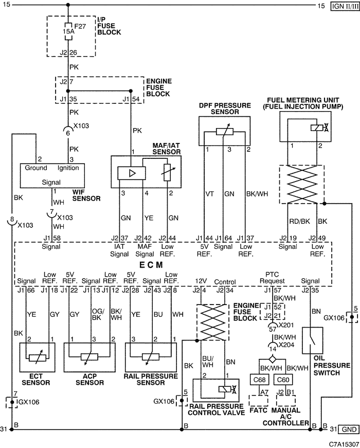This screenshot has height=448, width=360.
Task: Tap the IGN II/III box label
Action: click(345, 6)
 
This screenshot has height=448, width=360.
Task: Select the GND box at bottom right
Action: click(349, 429)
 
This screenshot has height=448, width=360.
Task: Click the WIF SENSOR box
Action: click(52, 175)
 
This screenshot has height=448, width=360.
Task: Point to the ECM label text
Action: click(151, 265)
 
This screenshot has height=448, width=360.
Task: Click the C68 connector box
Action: click(259, 380)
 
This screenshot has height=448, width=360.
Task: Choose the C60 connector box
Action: click(283, 380)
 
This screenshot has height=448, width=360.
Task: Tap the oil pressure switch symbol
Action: click(312, 341)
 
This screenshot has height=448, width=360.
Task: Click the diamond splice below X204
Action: click(273, 359)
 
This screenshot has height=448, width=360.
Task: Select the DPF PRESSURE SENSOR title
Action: click(225, 109)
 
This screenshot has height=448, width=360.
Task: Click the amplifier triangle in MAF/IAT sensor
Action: click(132, 173)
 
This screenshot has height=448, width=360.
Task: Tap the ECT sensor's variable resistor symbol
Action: click(38, 357)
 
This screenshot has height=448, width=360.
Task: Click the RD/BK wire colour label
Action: click(299, 221)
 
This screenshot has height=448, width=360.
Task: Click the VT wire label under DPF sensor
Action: click(210, 194)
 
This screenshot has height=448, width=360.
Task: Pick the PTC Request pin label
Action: click(272, 278)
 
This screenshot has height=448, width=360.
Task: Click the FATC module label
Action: click(258, 410)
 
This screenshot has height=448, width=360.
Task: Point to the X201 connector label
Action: click(286, 325)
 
